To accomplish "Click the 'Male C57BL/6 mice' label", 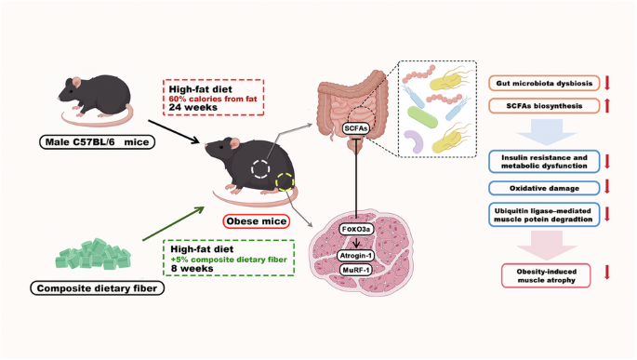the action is pos(97,142).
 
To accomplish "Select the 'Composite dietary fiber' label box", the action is pos(97,288).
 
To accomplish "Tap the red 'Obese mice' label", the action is pos(257,221).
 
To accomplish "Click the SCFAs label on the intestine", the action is pos(356,128).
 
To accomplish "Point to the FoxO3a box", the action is pos(356,229).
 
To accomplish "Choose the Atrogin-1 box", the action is pos(355,256).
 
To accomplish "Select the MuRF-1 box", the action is pos(355,270).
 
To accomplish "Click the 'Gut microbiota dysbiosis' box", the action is pos(544,84).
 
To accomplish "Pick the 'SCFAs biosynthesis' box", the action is pos(544,106).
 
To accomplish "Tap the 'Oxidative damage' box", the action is pos(544,188).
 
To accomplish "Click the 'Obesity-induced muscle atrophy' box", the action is pos(546,275).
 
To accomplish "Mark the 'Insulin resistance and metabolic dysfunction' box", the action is pos(544,161).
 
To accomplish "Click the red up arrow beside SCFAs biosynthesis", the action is pos(607,106).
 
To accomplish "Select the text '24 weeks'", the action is pos(193,107).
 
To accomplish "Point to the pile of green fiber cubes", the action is pos(93,254).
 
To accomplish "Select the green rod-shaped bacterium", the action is pos(422,117).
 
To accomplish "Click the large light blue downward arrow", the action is pos(547,132).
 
